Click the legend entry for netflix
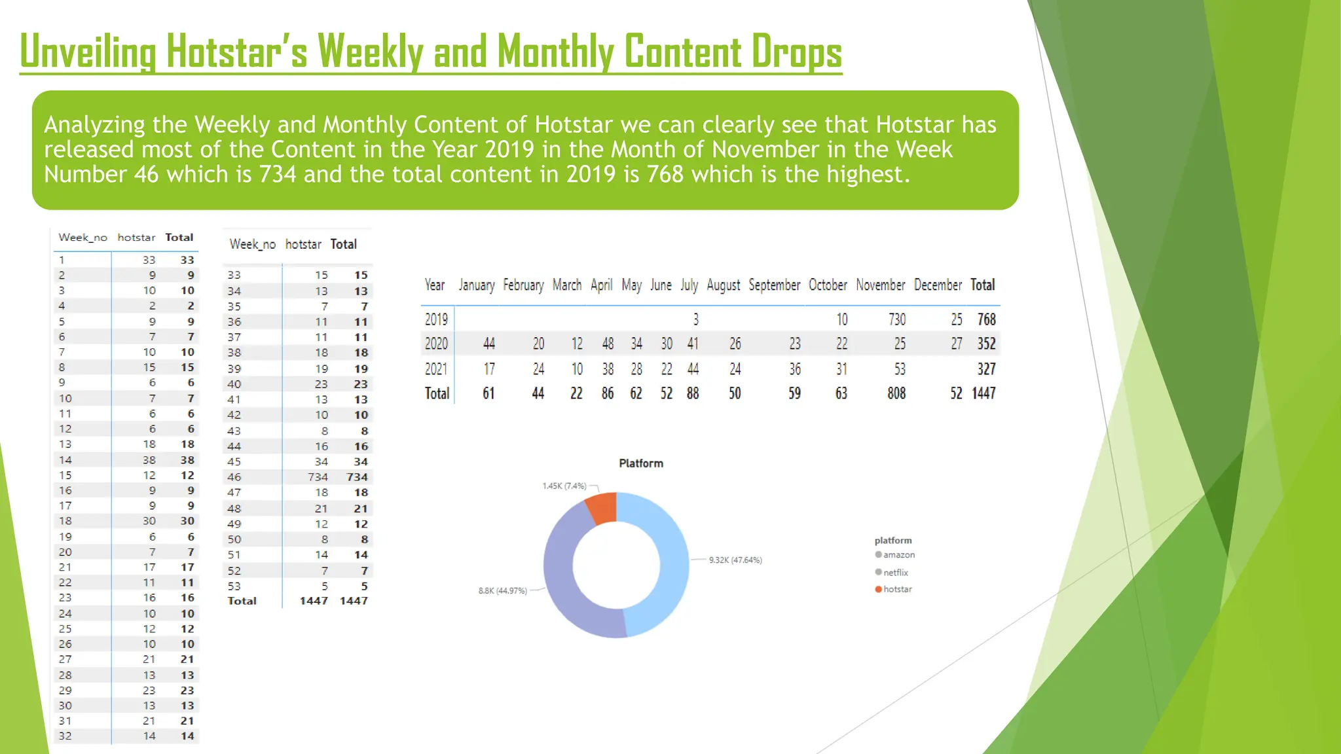(x=895, y=572)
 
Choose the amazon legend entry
(x=898, y=554)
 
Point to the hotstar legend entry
(x=897, y=589)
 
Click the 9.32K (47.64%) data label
(x=735, y=560)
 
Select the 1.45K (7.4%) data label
(x=564, y=486)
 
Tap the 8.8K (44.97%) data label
(x=502, y=590)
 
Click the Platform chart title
(x=641, y=463)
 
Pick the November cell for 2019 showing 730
(x=896, y=319)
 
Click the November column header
(x=880, y=285)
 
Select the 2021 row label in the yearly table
(x=436, y=369)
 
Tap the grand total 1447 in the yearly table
(x=983, y=393)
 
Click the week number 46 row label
(x=234, y=477)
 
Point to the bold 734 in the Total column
(x=358, y=477)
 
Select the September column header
(x=774, y=285)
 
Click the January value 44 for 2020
(x=488, y=344)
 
